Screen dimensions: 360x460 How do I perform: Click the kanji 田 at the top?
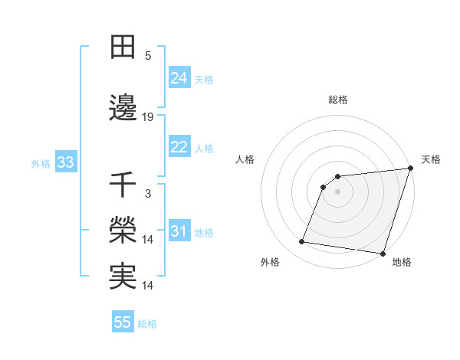pyautogui.click(x=123, y=47)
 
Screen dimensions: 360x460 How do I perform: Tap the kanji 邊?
pyautogui.click(x=123, y=109)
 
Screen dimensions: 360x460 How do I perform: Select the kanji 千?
pyautogui.click(x=123, y=185)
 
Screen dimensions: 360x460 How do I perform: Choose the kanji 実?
pyautogui.click(x=123, y=277)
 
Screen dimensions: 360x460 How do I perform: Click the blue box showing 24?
pyautogui.click(x=179, y=78)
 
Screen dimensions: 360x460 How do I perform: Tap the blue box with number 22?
pyautogui.click(x=179, y=147)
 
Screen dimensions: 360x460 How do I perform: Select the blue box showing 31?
pyautogui.click(x=179, y=231)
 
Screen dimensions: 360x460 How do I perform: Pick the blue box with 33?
pyautogui.click(x=65, y=162)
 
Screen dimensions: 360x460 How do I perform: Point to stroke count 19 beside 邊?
pyautogui.click(x=148, y=117)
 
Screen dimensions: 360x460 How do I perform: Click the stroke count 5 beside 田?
pyautogui.click(x=148, y=56)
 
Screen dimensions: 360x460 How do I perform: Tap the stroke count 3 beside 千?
pyautogui.click(x=148, y=194)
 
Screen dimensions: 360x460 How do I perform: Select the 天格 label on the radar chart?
pyautogui.click(x=431, y=159)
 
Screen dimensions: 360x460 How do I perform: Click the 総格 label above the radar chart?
pyautogui.click(x=338, y=100)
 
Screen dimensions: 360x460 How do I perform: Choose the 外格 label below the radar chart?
pyautogui.click(x=270, y=262)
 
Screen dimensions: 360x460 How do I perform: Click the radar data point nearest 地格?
pyautogui.click(x=382, y=253)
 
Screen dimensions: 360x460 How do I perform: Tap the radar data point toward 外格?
pyautogui.click(x=302, y=242)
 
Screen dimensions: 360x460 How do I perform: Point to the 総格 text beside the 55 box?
pyautogui.click(x=147, y=323)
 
